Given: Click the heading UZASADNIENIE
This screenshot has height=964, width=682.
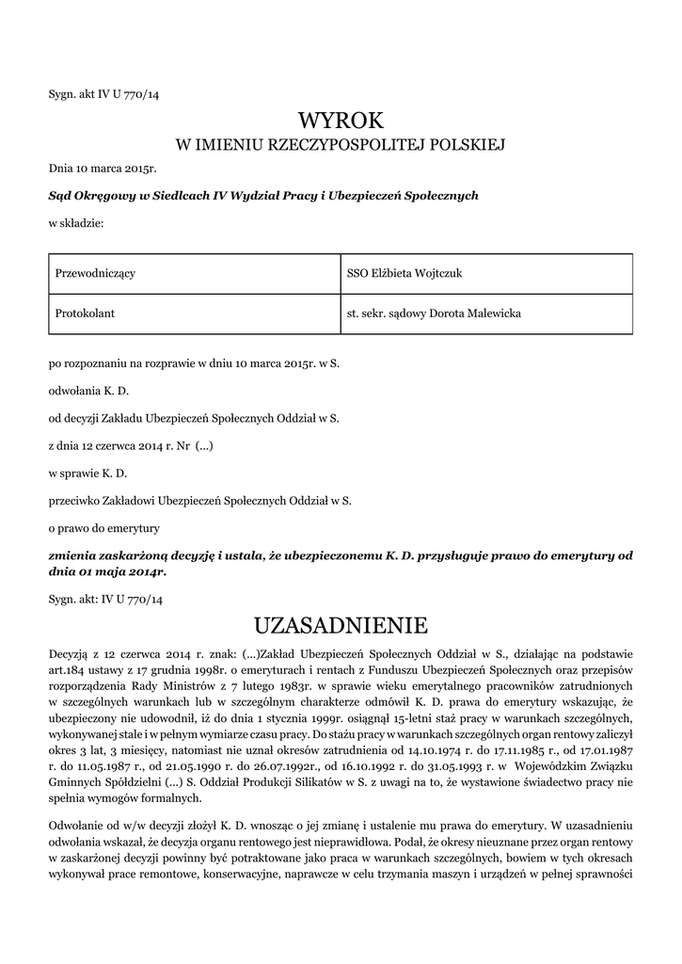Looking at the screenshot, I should point(341,625).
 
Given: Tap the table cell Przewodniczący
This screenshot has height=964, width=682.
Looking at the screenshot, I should point(96,273).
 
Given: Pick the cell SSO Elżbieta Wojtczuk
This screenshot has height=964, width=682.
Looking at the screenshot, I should point(404,273).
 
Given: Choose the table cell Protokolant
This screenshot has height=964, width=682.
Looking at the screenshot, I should point(86,313).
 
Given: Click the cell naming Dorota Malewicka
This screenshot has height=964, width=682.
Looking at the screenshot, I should point(434,313).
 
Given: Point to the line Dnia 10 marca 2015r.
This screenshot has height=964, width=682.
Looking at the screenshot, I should point(102,169).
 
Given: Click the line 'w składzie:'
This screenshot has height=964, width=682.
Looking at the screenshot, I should point(76,224).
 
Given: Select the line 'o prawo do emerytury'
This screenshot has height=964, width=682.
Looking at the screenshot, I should point(104,527).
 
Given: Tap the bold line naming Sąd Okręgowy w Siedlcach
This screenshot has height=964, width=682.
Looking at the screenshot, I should point(263,196).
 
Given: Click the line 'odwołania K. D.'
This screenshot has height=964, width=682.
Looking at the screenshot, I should point(88,389).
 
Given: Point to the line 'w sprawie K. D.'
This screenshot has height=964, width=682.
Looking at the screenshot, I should point(87,473).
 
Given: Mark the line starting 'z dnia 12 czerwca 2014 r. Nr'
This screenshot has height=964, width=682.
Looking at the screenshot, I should point(132,444).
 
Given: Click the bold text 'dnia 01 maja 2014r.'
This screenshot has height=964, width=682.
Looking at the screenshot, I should point(108,571).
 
